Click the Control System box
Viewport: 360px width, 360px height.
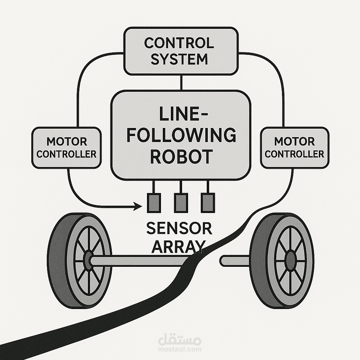pos(181,51)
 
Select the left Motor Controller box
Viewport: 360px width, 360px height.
pos(66,148)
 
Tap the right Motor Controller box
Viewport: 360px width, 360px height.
pos(294,148)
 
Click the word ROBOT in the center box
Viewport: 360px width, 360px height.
pos(181,157)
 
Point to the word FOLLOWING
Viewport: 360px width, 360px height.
pos(181,135)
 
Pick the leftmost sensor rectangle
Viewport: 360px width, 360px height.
pos(153,203)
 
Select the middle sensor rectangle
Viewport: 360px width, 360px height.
pos(181,203)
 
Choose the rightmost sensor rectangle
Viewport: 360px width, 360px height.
pos(207,203)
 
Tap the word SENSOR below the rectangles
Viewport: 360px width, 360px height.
pos(179,229)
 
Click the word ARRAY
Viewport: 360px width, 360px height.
pos(178,246)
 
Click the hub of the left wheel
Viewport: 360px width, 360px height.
pos(88,261)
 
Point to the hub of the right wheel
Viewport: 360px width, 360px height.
pos(290,261)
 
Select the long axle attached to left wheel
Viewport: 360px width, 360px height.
pos(141,261)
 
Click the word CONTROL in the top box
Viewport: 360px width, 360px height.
pos(179,43)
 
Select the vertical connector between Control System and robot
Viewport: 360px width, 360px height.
pos(181,83)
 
